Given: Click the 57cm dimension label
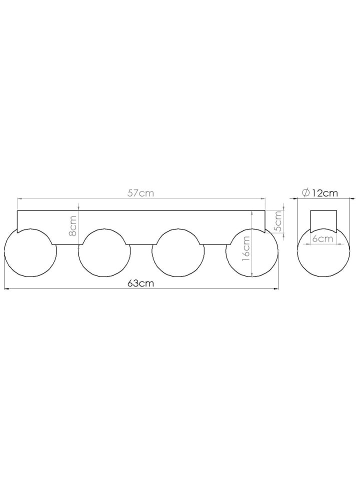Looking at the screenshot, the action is click(140, 193).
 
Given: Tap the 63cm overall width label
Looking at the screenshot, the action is click(140, 283).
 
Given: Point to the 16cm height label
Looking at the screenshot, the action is click(246, 248).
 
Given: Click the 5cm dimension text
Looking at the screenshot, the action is click(278, 221).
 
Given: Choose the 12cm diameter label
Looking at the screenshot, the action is click(324, 193).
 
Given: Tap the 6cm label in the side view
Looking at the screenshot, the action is click(322, 238).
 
